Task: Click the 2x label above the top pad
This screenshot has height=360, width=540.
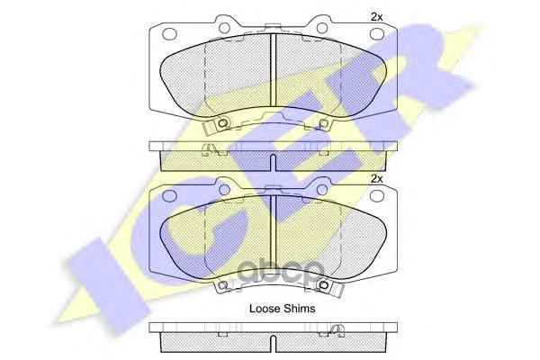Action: [376, 17]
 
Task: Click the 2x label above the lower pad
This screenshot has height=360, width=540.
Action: [376, 179]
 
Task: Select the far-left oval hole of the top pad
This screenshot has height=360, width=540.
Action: [169, 34]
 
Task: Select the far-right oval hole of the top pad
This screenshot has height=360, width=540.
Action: [377, 34]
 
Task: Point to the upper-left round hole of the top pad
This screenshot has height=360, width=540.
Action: [224, 28]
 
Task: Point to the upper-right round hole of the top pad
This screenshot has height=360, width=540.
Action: [322, 28]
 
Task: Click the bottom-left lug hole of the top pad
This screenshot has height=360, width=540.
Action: [223, 122]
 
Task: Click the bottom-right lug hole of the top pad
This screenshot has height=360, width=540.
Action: [323, 122]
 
